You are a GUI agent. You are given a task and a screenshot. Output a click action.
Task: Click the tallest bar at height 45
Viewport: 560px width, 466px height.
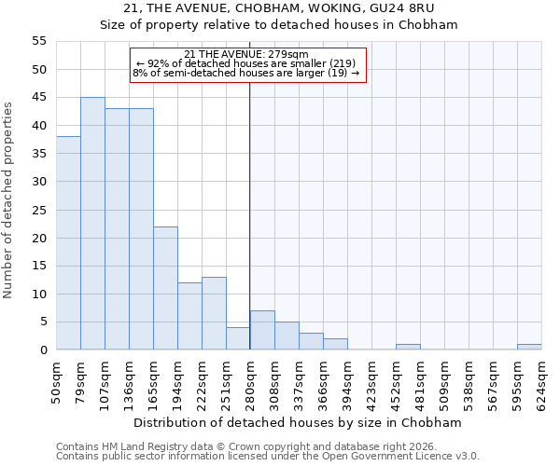pyautogui.click(x=92, y=224)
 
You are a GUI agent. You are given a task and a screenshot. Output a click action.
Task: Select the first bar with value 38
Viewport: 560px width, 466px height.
pyautogui.click(x=68, y=243)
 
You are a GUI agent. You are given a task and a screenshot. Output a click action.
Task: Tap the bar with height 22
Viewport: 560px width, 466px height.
pyautogui.click(x=165, y=288)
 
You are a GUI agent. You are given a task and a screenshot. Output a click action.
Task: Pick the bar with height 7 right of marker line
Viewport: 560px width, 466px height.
pyautogui.click(x=262, y=330)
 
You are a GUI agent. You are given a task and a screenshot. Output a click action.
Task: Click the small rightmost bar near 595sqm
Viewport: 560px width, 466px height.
pyautogui.click(x=529, y=347)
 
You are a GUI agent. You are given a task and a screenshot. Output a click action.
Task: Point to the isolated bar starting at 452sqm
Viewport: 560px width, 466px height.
pyautogui.click(x=408, y=347)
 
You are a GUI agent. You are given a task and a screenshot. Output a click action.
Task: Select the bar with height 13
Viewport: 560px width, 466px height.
pyautogui.click(x=214, y=313)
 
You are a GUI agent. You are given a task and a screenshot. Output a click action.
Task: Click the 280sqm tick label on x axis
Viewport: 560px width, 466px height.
pyautogui.click(x=250, y=379)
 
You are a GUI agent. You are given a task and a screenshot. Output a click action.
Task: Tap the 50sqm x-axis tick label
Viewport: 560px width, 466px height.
pyautogui.click(x=56, y=379)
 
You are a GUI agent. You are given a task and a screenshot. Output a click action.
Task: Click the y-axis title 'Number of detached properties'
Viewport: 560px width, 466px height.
pyautogui.click(x=8, y=200)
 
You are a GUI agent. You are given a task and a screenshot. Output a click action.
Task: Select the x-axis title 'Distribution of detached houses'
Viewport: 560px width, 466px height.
pyautogui.click(x=297, y=422)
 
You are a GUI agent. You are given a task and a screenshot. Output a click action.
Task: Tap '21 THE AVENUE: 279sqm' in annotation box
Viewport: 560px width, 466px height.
pyautogui.click(x=246, y=54)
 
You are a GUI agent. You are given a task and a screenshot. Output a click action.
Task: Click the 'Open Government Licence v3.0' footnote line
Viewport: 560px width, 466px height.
pyautogui.click(x=268, y=456)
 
